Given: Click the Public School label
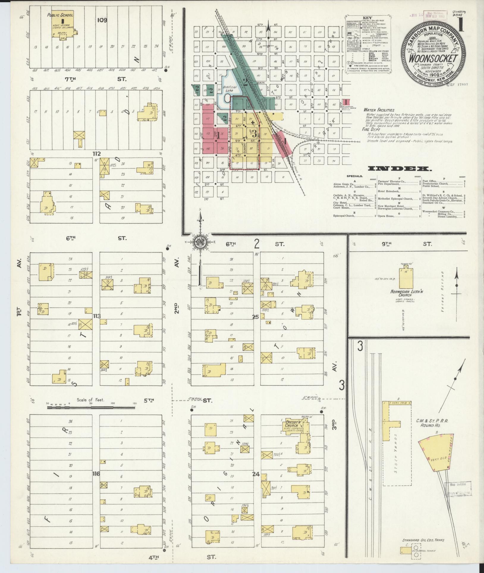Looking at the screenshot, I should [x=60, y=15].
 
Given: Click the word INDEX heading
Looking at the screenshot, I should [x=400, y=169].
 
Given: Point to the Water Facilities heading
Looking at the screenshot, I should [x=379, y=110].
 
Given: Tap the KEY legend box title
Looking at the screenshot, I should [x=368, y=17].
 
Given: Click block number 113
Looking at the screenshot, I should [x=97, y=316].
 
